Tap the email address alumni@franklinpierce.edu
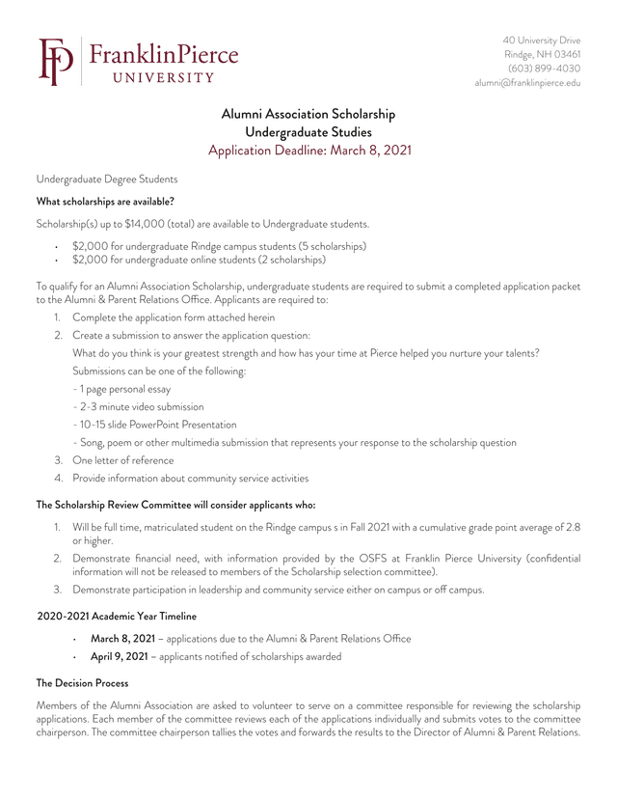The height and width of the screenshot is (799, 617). pyautogui.click(x=527, y=83)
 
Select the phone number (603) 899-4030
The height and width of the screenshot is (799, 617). pyautogui.click(x=544, y=69)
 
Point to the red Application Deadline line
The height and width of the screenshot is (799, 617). pyautogui.click(x=308, y=151)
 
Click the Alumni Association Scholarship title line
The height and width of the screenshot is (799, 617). pyautogui.click(x=308, y=114)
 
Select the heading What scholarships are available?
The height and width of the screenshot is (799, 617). pyautogui.click(x=105, y=202)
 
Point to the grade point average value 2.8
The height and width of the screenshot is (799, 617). pyautogui.click(x=573, y=526)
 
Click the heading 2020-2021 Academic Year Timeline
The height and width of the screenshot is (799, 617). pyautogui.click(x=117, y=616)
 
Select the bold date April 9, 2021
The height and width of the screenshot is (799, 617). pyautogui.click(x=119, y=656)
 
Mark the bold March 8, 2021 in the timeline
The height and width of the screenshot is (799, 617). pyautogui.click(x=122, y=639)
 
